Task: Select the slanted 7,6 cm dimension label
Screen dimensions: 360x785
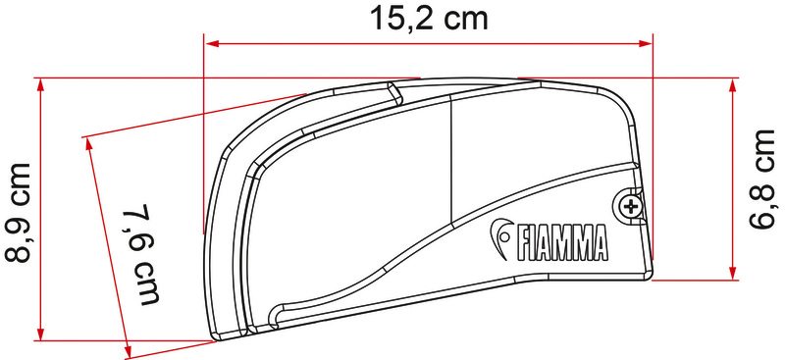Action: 143,254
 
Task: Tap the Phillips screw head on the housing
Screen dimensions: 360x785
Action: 630,205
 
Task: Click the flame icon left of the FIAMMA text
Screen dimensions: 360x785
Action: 502,234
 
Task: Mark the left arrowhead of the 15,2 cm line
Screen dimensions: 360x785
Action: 210,42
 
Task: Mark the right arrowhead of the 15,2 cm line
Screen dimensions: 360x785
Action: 648,42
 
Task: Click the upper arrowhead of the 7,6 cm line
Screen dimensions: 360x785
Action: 90,143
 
